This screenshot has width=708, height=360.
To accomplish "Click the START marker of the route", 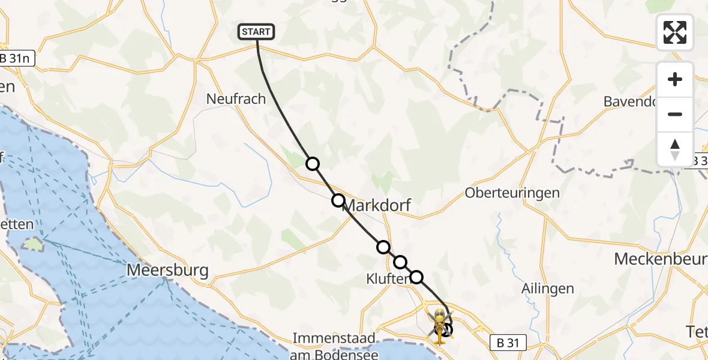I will point(257,32).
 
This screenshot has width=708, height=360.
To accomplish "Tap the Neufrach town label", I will point(236,99).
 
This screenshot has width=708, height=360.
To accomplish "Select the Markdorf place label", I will point(377,206).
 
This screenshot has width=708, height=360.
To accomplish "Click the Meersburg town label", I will point(168,271).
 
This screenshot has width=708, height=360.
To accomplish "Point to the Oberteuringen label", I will point(512,193).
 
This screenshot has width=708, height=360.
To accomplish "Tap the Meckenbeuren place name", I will point(660,259).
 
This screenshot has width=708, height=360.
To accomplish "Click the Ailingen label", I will point(548,289).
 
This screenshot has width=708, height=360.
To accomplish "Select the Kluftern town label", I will point(387,278).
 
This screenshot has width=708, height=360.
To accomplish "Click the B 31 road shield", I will point(508,343).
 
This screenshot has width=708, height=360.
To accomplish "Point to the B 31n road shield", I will point(17,58).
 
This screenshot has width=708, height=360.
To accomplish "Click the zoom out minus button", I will point(675,115).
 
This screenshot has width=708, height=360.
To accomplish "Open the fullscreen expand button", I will point(675,32).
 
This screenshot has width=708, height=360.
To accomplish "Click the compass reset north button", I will point(675,149).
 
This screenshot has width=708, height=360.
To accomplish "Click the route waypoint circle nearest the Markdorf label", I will point(338,200).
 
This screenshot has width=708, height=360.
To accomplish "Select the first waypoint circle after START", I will point(312,164).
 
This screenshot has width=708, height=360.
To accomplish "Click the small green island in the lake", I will point(34,244).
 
